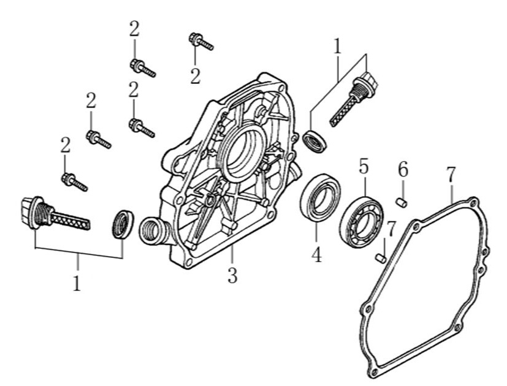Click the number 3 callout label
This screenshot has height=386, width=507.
tap(232, 276)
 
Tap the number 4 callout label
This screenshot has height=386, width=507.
tap(316, 252)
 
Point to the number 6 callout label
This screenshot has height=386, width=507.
tap(403, 170)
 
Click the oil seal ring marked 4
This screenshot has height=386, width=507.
tap(320, 197)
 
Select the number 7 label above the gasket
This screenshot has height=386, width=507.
tap(451, 174)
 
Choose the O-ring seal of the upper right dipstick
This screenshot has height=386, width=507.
tap(315, 141)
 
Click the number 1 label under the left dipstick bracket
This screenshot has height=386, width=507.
tap(77, 283)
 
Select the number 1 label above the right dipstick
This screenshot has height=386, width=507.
tap(337, 47)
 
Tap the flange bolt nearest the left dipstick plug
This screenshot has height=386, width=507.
tap(74, 181)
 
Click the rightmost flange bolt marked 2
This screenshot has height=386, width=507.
tap(200, 42)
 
